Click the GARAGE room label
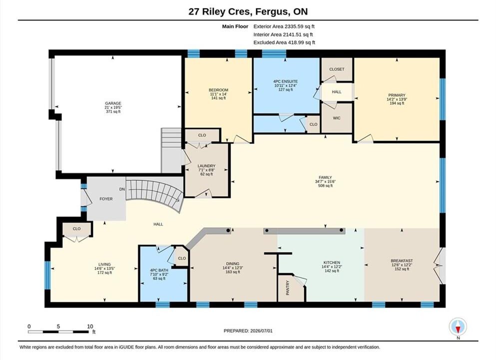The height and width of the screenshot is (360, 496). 113,103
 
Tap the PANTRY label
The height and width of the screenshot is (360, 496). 288,288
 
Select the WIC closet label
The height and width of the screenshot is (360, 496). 337,118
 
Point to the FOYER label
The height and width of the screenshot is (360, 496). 106,199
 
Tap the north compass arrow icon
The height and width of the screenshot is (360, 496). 458,327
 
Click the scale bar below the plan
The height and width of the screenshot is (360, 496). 58,332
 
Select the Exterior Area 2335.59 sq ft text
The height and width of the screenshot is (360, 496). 284,26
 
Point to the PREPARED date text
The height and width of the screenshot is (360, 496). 248,331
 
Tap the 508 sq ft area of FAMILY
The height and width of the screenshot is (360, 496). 325,186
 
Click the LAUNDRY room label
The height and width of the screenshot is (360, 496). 206,166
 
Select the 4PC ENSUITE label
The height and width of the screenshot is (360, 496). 285,81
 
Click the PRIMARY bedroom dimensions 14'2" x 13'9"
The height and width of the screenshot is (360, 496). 397,99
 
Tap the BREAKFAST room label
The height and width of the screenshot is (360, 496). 402,261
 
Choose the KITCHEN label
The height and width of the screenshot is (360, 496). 332,262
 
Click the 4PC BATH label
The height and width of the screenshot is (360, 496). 159,270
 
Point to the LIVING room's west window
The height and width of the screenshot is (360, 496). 47,275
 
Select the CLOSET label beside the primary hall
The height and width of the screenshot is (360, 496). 337,69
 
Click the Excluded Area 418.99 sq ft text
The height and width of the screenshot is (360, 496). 284,42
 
